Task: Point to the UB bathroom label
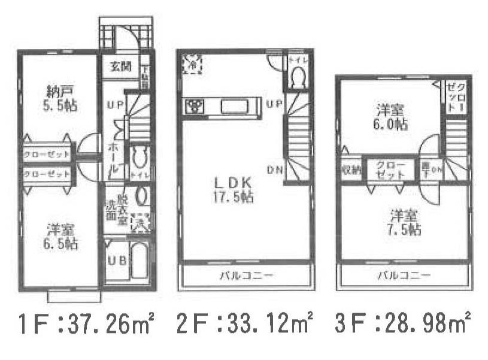[x=116, y=261]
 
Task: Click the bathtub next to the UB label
[x=140, y=261]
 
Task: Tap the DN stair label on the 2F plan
[x=275, y=170]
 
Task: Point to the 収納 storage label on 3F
[x=351, y=169]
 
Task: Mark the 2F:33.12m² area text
[x=245, y=326]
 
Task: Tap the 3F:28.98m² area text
[x=404, y=326]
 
